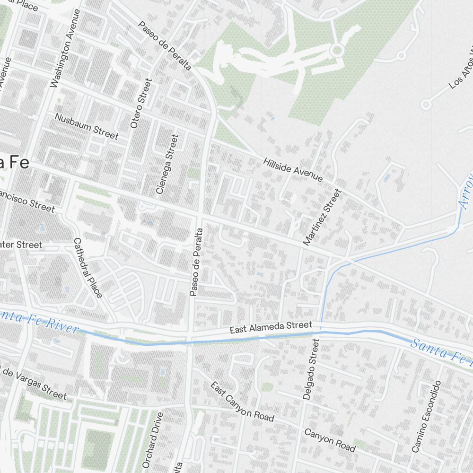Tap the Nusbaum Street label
86,126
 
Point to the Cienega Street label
167,164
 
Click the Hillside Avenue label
293,170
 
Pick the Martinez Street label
322,217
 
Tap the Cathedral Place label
88,268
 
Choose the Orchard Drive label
153,439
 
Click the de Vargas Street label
33,383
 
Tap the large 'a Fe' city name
14,163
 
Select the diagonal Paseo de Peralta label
165,46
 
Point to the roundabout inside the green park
337,50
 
